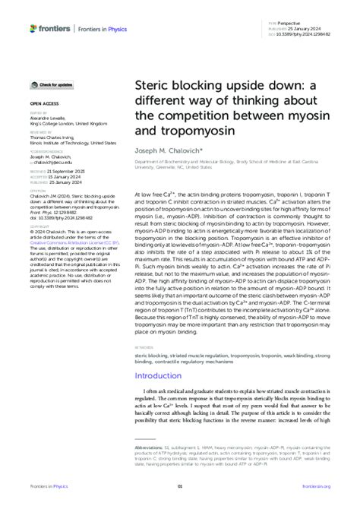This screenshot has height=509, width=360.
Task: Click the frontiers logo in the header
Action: point(50,29)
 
